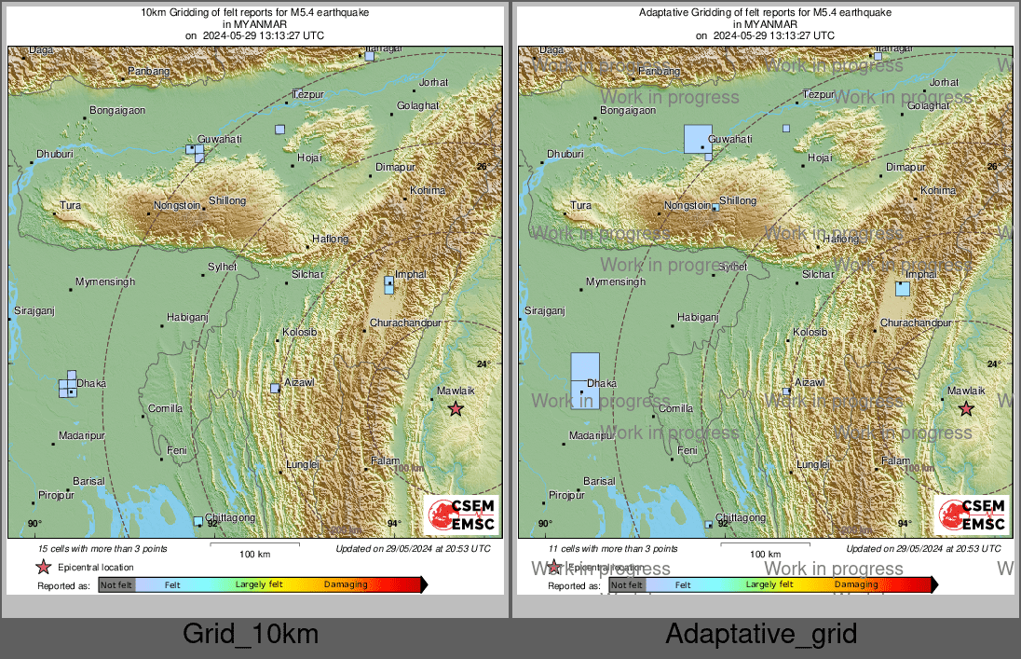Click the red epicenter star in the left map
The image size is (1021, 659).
coord(456,408)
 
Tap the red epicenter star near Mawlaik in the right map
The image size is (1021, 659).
coord(966,408)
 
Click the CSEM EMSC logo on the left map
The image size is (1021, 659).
coord(461,515)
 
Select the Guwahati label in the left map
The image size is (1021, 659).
coord(220,139)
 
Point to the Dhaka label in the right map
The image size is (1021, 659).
coord(602,383)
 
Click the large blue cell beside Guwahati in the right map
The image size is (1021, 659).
coord(698,138)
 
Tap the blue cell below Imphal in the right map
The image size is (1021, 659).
coord(902,289)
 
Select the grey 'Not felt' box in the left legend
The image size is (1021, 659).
coord(116,585)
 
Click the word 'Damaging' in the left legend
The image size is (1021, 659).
coord(346,585)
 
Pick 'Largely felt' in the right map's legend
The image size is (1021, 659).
coord(769,584)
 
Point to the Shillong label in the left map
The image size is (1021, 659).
coord(227,200)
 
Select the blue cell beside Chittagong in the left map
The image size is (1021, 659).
coord(197,521)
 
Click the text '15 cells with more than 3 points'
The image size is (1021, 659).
coord(102,549)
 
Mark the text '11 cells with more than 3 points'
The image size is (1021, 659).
coord(613,549)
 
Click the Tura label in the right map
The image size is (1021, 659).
coord(579,205)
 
